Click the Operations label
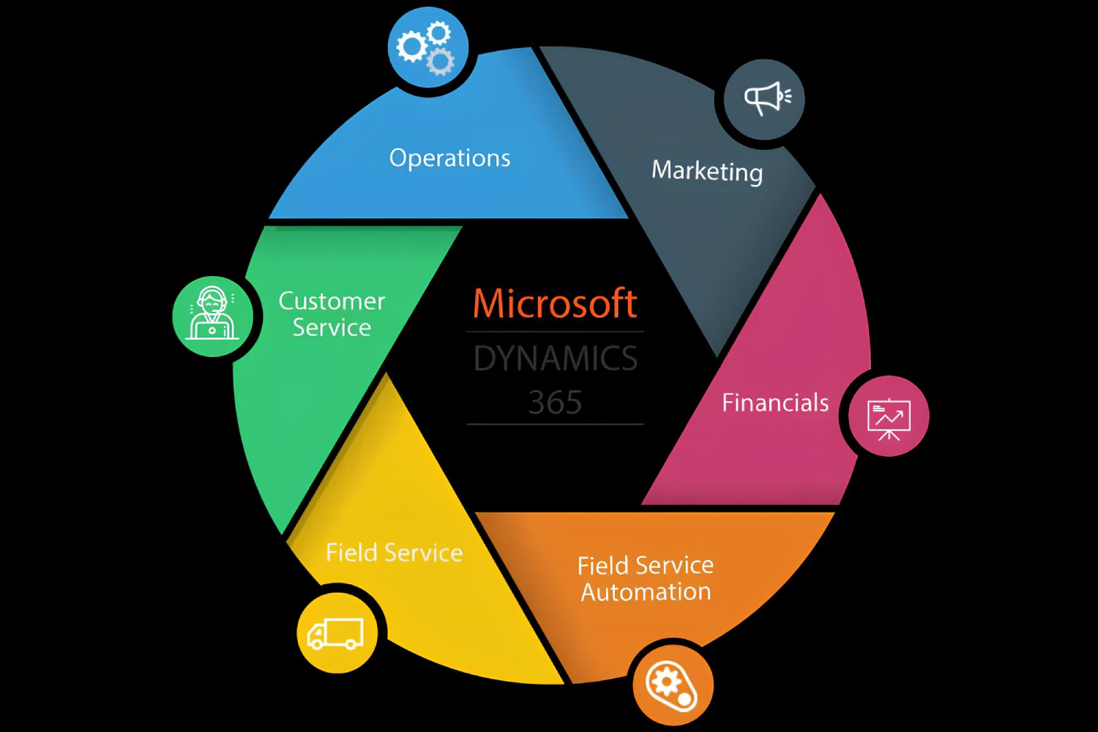[449, 158]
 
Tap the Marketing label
[707, 171]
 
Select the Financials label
[775, 403]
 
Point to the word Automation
[646, 591]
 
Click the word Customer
[332, 301]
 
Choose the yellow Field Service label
[394, 553]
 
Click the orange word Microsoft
[555, 304]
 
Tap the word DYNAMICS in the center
[556, 359]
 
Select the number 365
[555, 403]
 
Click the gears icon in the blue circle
[427, 48]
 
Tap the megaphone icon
[766, 98]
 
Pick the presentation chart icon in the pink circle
[889, 418]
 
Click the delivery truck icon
[336, 634]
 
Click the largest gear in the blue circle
[411, 48]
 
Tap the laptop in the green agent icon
[212, 330]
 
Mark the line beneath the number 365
[555, 424]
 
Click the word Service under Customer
[332, 327]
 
